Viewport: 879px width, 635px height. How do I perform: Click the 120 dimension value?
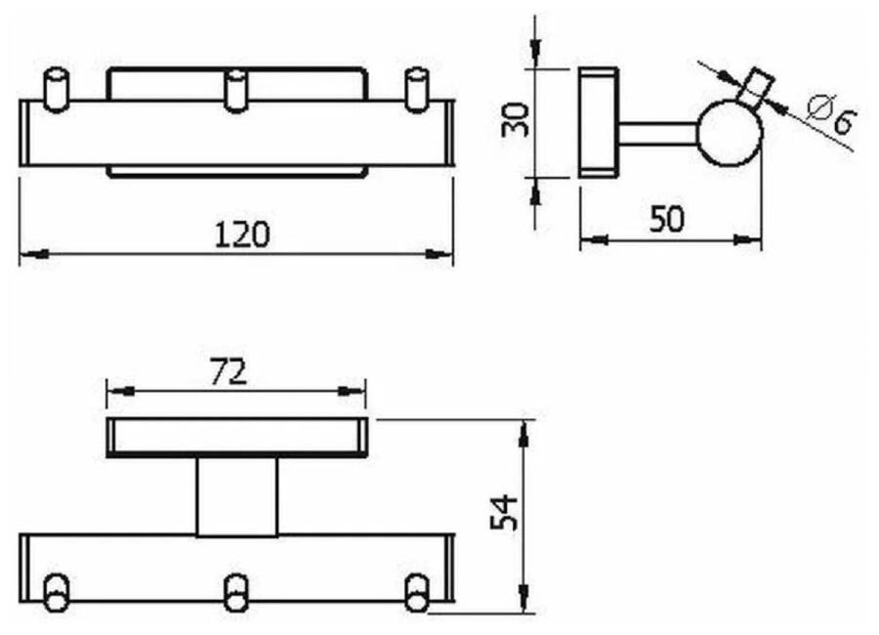click(x=242, y=234)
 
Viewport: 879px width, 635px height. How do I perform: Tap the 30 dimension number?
click(x=515, y=119)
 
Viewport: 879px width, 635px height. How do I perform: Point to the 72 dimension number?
click(x=229, y=372)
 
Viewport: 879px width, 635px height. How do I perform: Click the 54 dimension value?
click(x=503, y=512)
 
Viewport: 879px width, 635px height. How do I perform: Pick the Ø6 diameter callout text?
click(x=832, y=115)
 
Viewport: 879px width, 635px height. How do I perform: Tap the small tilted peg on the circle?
click(x=756, y=88)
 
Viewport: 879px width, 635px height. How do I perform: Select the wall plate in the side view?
click(x=598, y=122)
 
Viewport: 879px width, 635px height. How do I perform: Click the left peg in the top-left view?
click(x=56, y=90)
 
